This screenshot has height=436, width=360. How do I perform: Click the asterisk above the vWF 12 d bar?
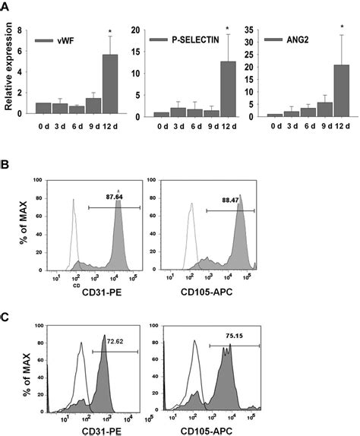click(111, 32)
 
